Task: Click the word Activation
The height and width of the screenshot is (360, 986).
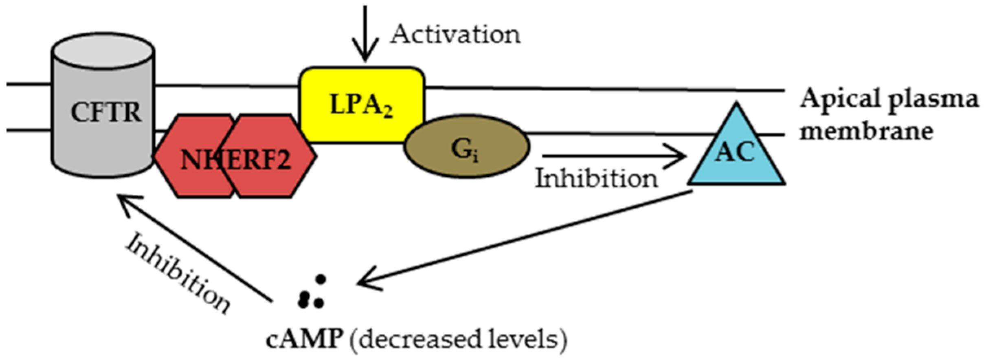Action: (455, 35)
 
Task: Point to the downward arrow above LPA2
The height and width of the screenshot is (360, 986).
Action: (365, 35)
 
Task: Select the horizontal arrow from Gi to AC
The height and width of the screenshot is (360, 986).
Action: (613, 156)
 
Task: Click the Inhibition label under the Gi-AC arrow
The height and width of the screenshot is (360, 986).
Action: (595, 179)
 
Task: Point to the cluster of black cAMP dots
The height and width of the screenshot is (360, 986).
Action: (312, 293)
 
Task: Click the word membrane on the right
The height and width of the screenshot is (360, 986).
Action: (865, 132)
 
